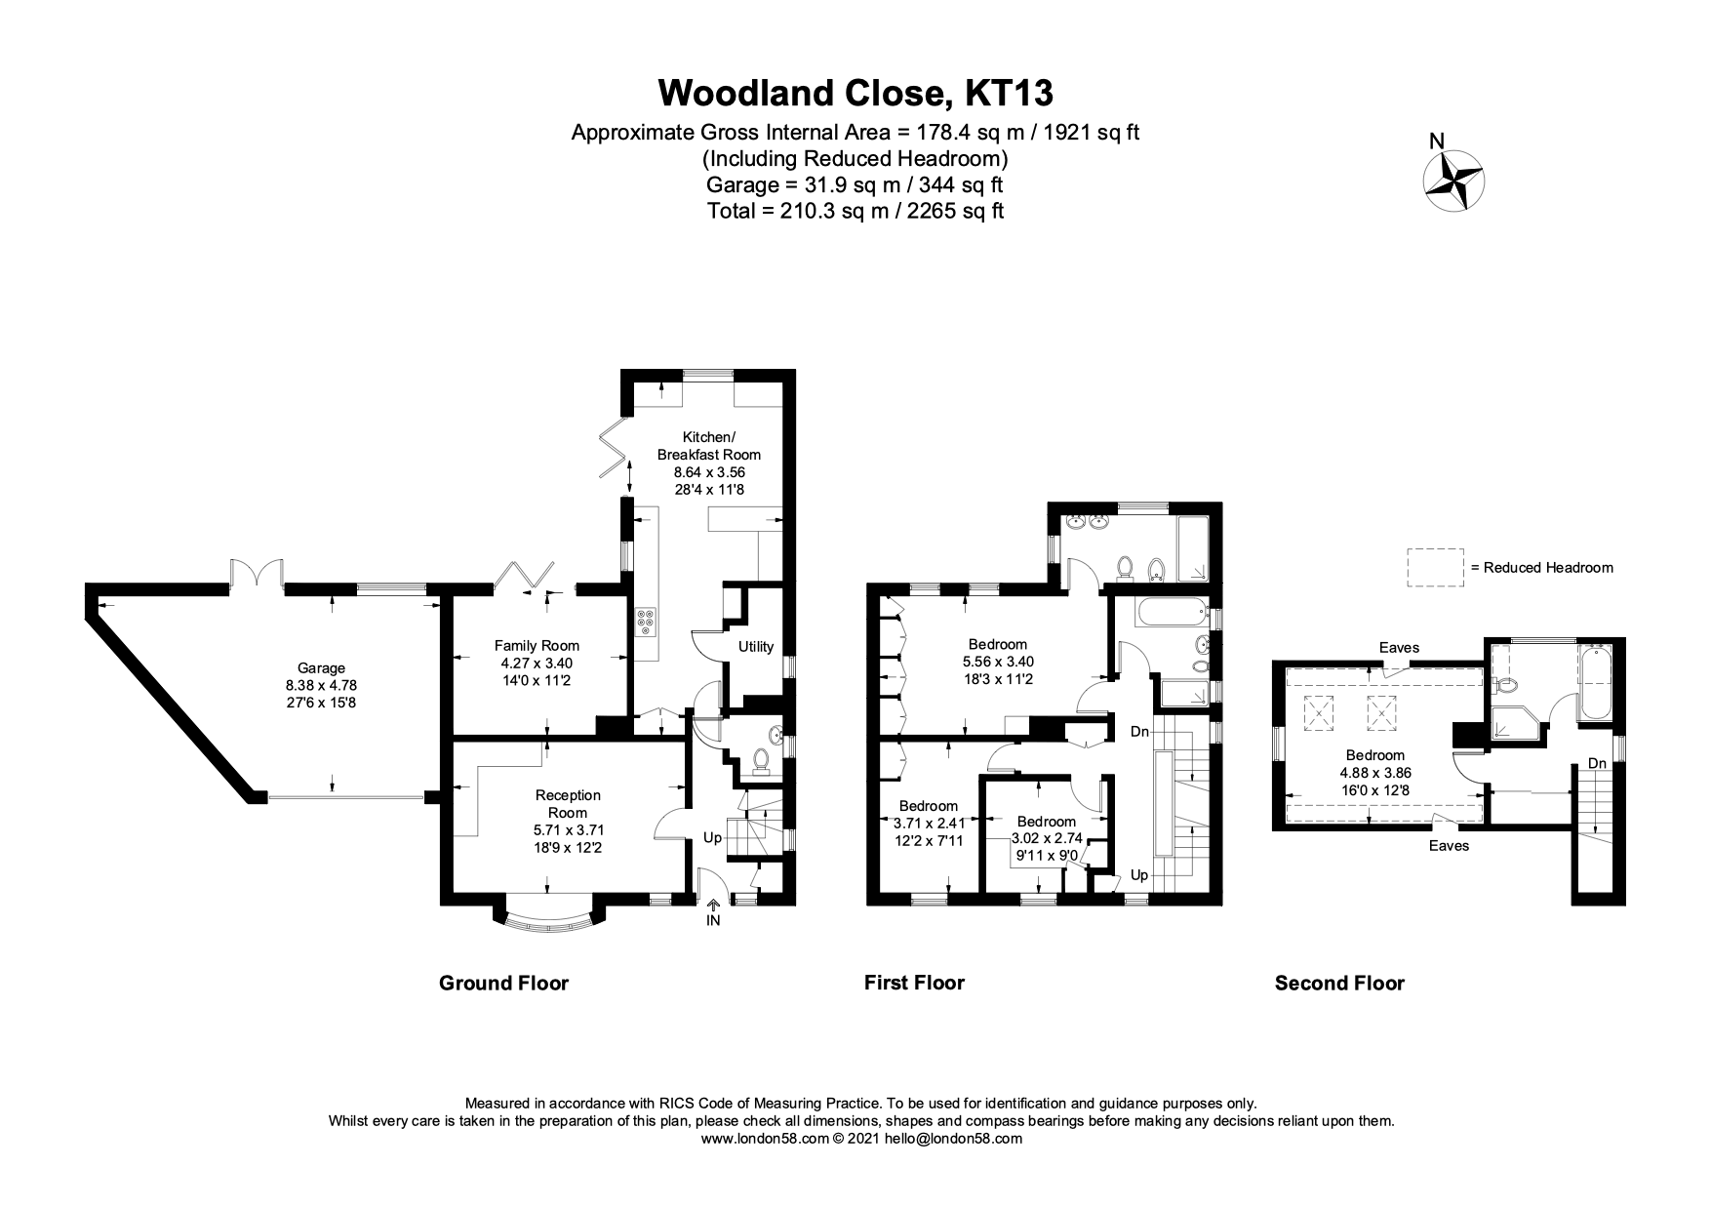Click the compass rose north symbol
tap(1454, 180)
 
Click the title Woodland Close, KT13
tap(855, 93)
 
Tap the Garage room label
tap(321, 668)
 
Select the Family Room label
tap(537, 645)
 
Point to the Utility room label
tap(756, 646)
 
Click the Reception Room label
tap(568, 804)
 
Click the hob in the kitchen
tap(647, 622)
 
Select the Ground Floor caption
tap(503, 983)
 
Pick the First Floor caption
tap(914, 983)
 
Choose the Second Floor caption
tap(1339, 983)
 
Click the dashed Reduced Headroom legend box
tap(1435, 567)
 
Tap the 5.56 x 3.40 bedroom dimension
tap(998, 662)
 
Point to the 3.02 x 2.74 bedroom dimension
tap(1046, 838)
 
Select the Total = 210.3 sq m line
tap(855, 211)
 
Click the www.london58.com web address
tap(764, 1138)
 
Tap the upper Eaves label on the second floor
tap(1399, 647)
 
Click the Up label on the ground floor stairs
tap(713, 838)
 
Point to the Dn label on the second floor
tap(1597, 763)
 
